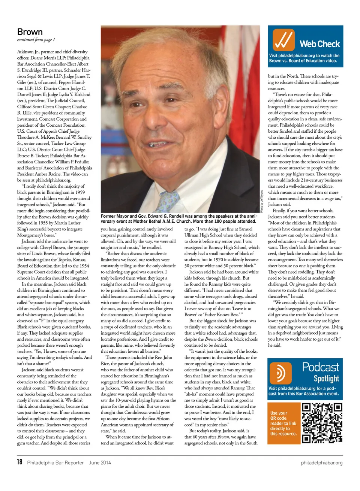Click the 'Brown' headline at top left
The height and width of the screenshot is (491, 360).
click(30, 32)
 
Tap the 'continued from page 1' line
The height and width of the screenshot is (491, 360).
click(36, 40)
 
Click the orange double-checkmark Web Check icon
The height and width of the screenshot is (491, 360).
click(283, 39)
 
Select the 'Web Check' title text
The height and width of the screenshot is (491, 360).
click(319, 44)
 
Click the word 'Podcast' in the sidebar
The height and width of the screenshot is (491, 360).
click(320, 367)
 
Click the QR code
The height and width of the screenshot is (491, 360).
click(322, 423)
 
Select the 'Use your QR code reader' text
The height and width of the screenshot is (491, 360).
click(283, 423)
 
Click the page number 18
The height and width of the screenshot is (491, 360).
click(19, 462)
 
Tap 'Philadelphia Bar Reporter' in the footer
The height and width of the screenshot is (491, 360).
click(55, 463)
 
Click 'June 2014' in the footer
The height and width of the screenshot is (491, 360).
click(100, 463)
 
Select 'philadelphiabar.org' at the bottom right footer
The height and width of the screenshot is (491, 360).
click(321, 463)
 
